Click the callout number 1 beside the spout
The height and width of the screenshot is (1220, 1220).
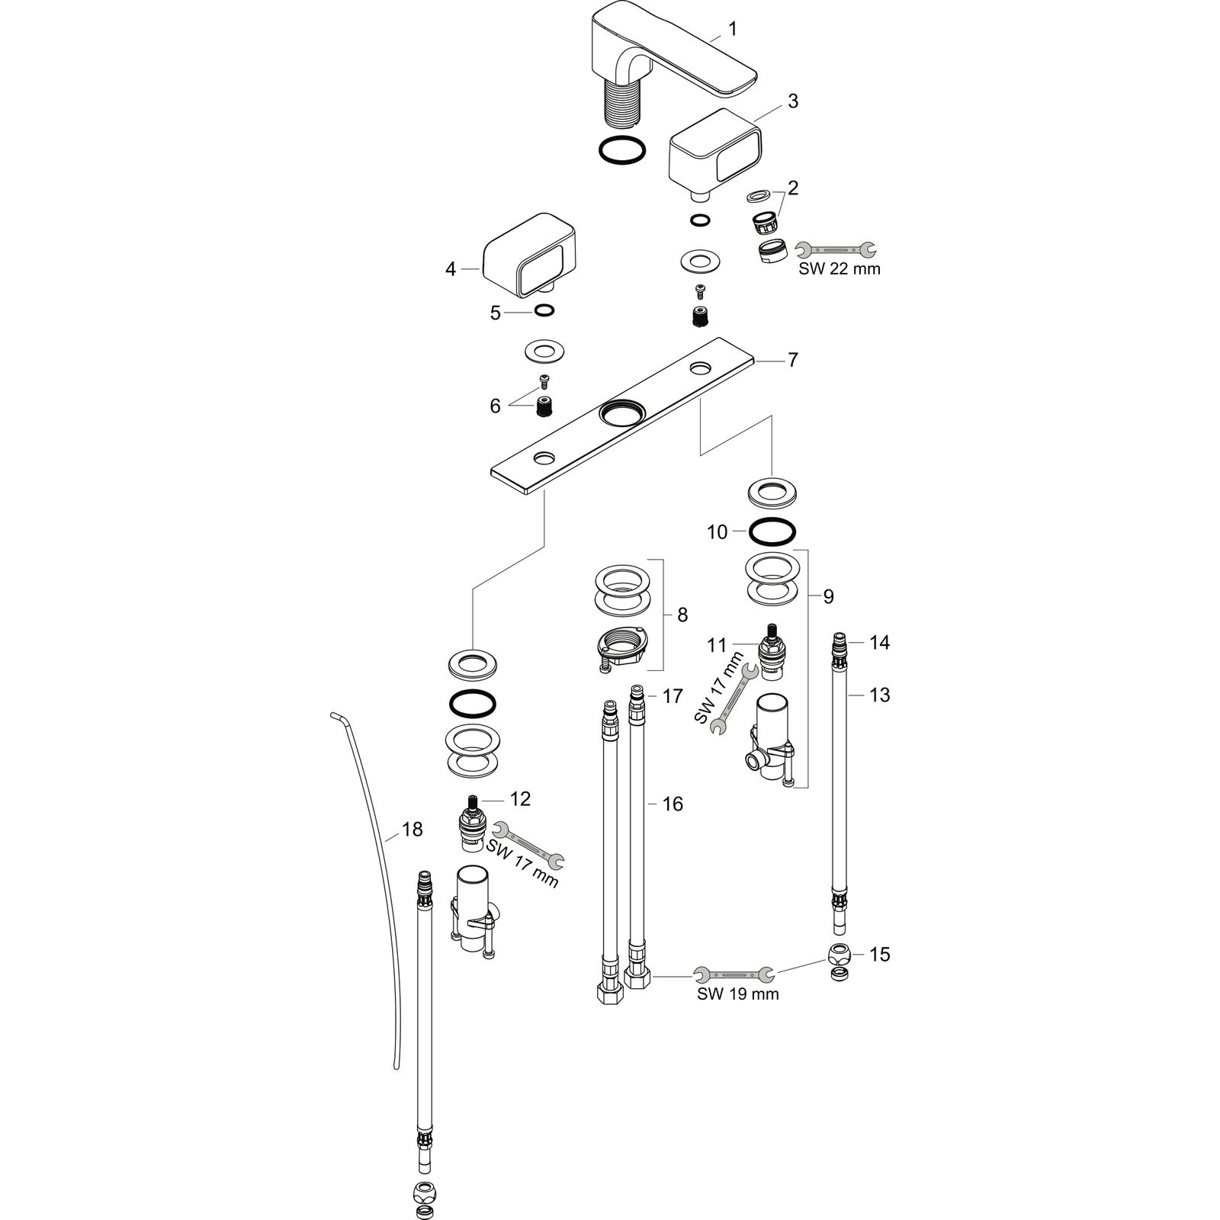(x=732, y=29)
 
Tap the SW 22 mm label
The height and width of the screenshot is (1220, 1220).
(x=839, y=268)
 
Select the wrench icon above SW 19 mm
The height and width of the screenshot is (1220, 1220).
(x=734, y=974)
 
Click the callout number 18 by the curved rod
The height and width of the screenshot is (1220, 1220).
(x=412, y=829)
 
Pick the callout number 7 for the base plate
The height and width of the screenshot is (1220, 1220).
(x=793, y=360)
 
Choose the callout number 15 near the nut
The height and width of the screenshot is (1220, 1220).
(x=879, y=954)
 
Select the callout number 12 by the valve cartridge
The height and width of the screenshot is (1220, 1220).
(x=520, y=799)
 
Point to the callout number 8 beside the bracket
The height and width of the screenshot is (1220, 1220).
(x=682, y=615)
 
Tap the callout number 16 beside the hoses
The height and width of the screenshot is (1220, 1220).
(x=672, y=804)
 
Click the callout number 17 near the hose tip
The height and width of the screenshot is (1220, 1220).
(x=672, y=696)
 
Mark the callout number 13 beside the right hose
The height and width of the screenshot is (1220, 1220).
(x=879, y=695)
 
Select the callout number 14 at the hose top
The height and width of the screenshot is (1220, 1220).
(x=879, y=643)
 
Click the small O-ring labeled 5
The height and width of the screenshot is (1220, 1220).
(x=544, y=310)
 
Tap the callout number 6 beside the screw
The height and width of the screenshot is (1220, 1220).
(x=495, y=406)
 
